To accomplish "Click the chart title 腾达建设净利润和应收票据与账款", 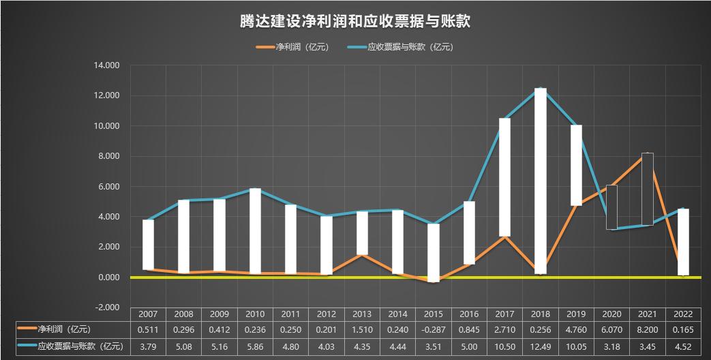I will point(355,22).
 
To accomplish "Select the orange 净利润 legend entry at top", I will point(292,47).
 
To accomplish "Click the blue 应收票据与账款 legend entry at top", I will point(400,47).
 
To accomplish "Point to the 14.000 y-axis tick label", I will point(106,65).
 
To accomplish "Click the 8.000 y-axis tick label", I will point(106,156).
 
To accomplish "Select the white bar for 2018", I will point(540,181).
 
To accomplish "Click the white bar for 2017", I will point(504,177).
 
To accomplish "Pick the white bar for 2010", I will point(255,231).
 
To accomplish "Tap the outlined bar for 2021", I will point(647,189).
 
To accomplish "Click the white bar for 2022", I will point(682,241).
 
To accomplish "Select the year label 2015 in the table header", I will point(433,314).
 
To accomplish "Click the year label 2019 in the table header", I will point(575,314).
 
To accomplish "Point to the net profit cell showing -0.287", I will point(433,330).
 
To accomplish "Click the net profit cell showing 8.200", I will point(647,330).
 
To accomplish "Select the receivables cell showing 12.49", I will point(540,346).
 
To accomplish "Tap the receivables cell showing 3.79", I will point(148,346).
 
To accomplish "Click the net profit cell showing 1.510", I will point(362,330).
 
